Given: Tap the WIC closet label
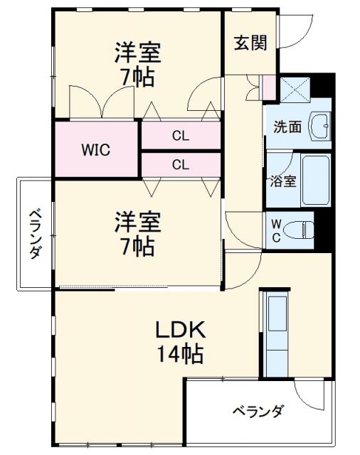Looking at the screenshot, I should pyautogui.click(x=94, y=150).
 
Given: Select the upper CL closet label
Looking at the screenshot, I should pyautogui.click(x=181, y=136).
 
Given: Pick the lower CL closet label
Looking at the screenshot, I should pyautogui.click(x=181, y=165).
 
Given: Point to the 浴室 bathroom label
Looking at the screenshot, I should pyautogui.click(x=282, y=180).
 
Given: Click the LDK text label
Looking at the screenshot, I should pyautogui.click(x=181, y=330).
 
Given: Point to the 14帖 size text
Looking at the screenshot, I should pyautogui.click(x=181, y=353).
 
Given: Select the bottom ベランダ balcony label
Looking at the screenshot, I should pyautogui.click(x=258, y=412).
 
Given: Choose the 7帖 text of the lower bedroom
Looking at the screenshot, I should pyautogui.click(x=138, y=247).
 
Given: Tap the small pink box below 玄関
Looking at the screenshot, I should pyautogui.click(x=268, y=87).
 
